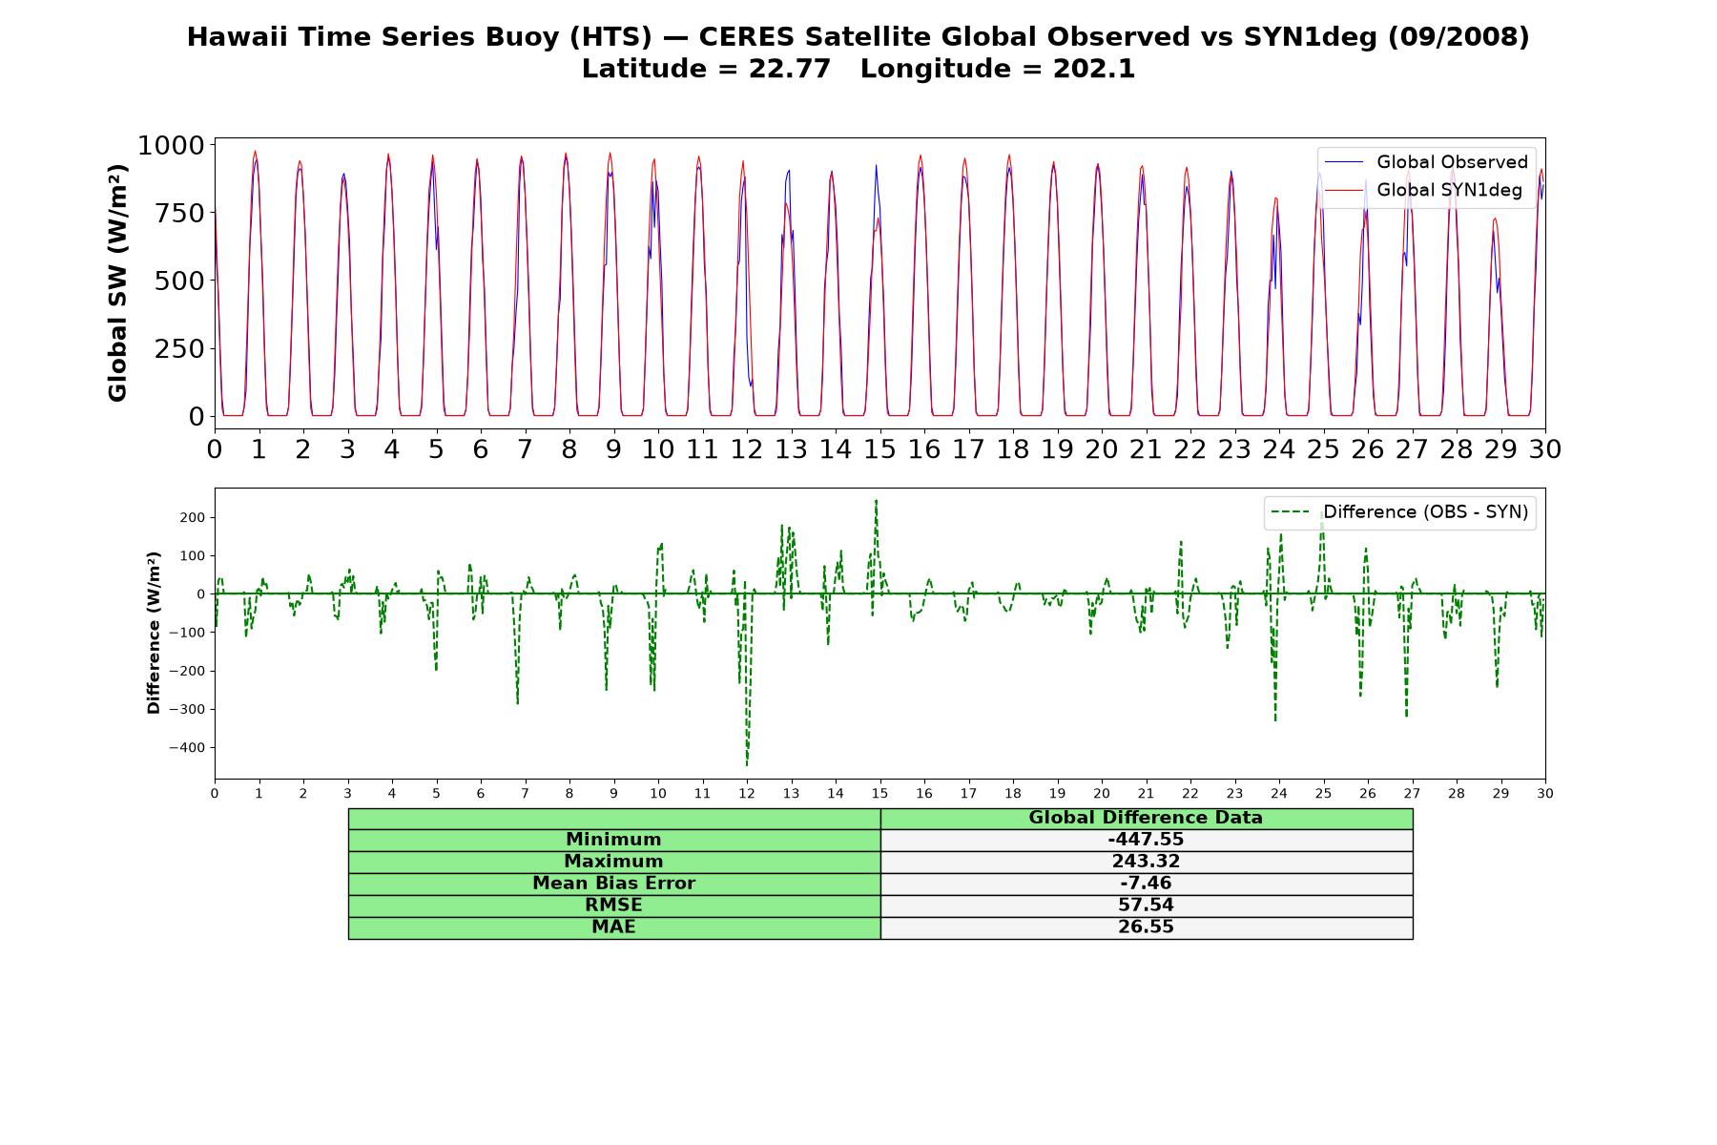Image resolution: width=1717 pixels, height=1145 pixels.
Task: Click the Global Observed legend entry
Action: (1426, 162)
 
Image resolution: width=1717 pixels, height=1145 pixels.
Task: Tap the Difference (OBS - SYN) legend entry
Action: (1399, 512)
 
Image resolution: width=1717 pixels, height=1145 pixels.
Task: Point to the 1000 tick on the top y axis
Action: (171, 145)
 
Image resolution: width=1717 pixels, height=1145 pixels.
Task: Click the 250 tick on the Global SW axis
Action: (179, 348)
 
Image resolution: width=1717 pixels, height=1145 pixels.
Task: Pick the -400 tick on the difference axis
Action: (187, 748)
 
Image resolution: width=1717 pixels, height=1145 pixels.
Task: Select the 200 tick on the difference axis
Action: (194, 518)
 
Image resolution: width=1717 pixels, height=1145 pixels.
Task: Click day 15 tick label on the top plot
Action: (879, 449)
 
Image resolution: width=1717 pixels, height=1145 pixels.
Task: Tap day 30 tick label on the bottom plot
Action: (1545, 794)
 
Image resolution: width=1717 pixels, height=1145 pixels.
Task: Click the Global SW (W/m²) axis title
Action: (117, 283)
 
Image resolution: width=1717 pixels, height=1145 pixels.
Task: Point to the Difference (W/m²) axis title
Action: (154, 633)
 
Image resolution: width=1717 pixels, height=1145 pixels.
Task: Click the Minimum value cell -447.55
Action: (1146, 840)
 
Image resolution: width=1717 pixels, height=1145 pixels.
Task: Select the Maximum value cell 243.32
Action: (1146, 862)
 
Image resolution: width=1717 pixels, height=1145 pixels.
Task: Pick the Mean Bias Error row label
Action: (613, 884)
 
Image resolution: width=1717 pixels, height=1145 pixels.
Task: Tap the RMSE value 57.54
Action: (1146, 906)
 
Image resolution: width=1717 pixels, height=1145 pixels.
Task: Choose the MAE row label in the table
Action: (613, 927)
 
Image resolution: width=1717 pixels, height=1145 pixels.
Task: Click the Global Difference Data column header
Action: (1146, 818)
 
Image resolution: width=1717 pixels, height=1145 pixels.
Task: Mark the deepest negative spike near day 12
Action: (747, 764)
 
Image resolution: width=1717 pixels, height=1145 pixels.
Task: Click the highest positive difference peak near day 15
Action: (876, 500)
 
